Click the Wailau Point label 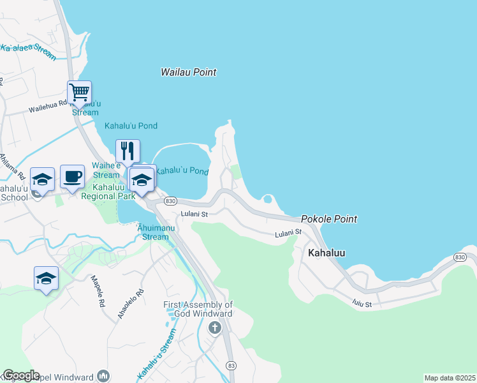pos(188,73)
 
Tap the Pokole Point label pos(328,219)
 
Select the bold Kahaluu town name pos(327,253)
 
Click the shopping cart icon pos(79,93)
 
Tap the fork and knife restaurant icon pos(128,151)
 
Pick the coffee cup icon pos(72,176)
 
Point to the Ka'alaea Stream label pos(29,49)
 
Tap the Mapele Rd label pos(98,291)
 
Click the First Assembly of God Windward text pos(198,309)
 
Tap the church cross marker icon pos(215,328)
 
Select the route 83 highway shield pos(231,364)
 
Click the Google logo pos(21,375)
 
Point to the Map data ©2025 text pos(450,378)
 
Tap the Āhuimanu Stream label pos(153,232)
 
